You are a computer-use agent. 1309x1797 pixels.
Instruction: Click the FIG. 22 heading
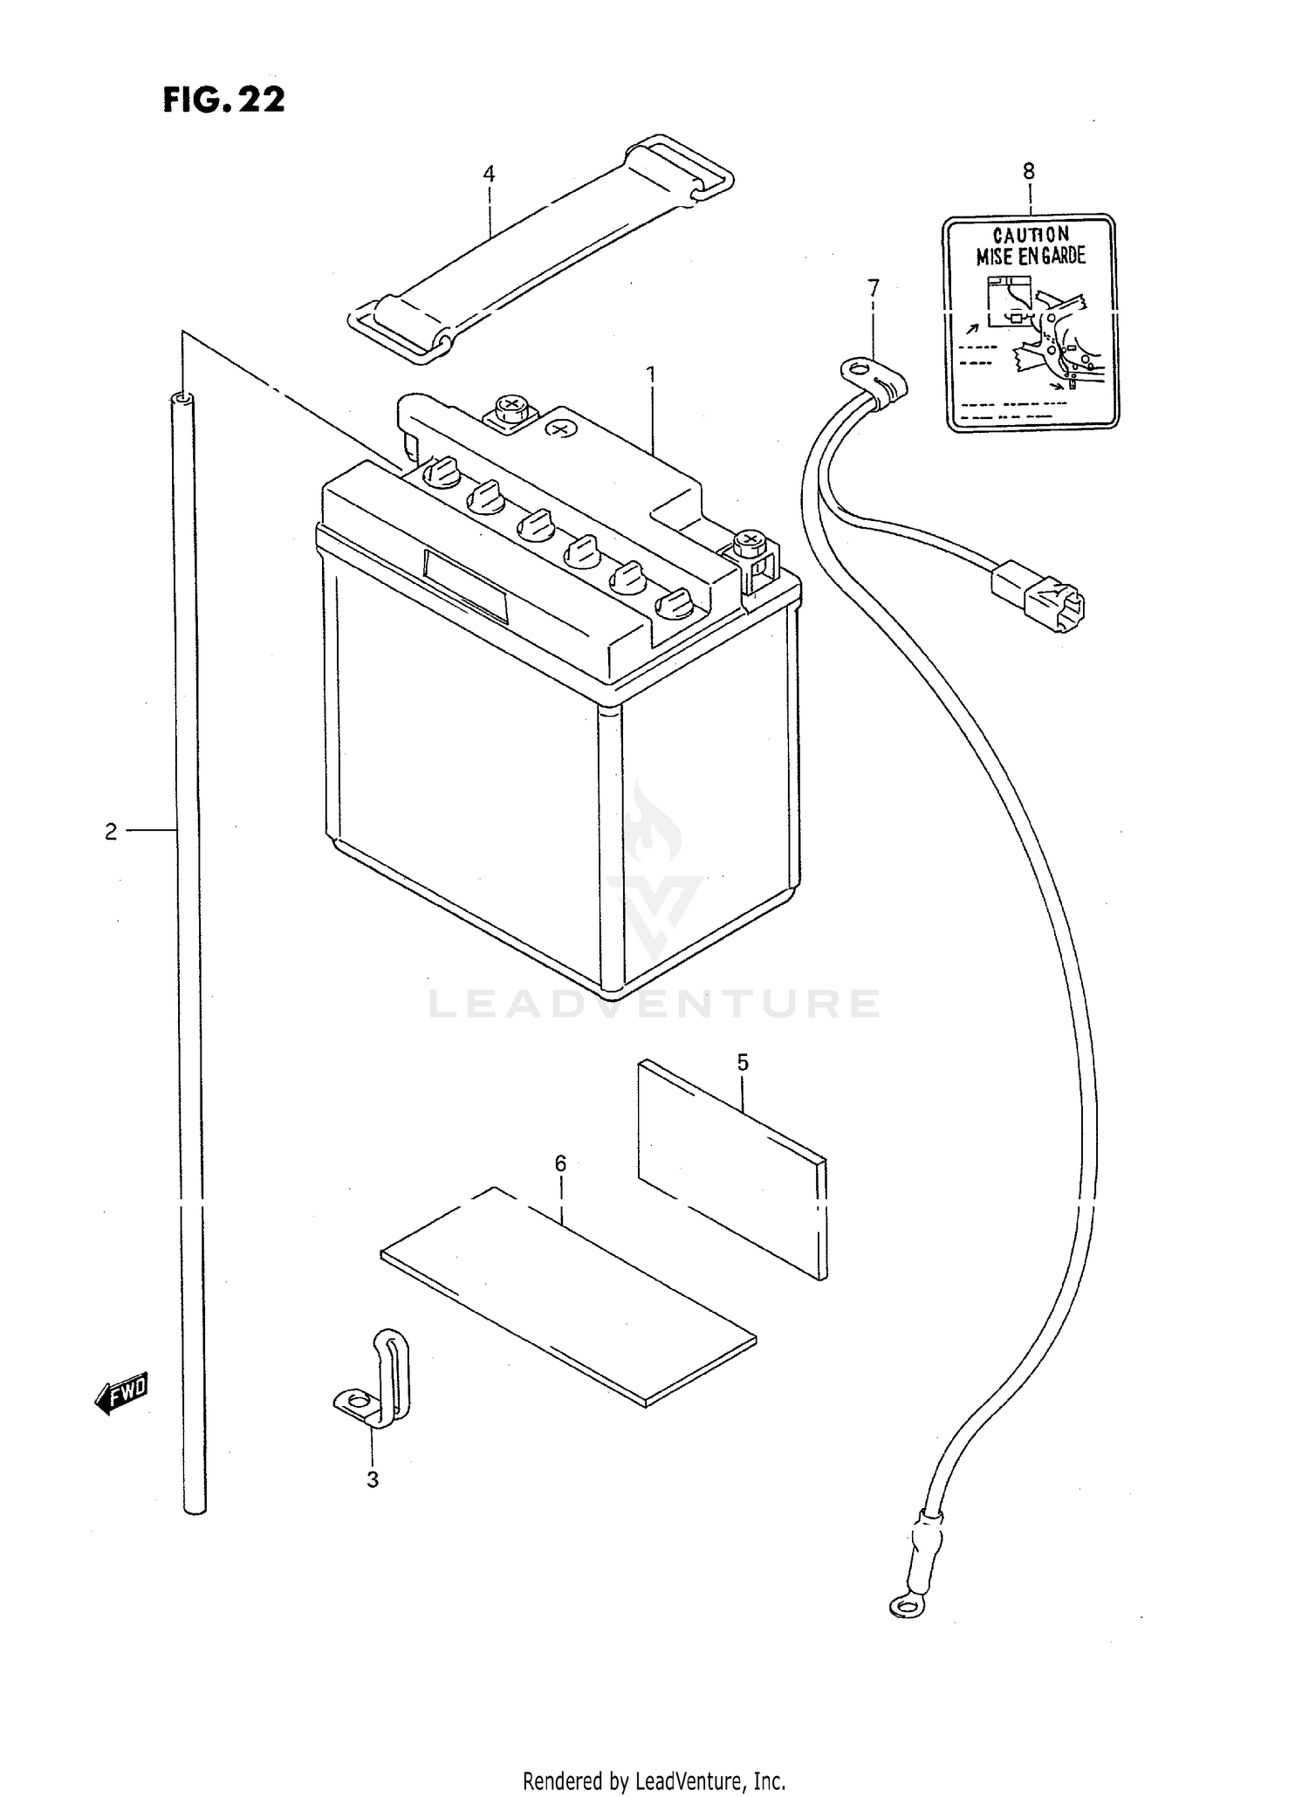tap(223, 99)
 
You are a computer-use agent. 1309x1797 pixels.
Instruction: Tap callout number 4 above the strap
tap(489, 175)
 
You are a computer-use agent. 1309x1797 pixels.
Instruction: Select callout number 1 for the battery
tap(650, 374)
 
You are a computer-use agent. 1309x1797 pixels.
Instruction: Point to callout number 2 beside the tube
tap(111, 832)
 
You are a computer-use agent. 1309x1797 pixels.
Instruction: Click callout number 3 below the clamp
tap(373, 1479)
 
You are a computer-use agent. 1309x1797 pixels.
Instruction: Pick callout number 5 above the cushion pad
tap(743, 1062)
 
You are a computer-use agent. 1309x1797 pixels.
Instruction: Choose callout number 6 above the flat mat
tap(560, 1163)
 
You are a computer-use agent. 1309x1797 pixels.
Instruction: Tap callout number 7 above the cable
tap(874, 287)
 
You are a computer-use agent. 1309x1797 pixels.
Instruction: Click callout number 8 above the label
tap(1029, 171)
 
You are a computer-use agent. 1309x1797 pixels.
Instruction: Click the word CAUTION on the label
tap(1031, 235)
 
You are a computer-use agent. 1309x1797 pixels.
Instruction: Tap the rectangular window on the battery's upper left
tap(465, 586)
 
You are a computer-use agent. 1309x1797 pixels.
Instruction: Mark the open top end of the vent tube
tap(183, 399)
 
